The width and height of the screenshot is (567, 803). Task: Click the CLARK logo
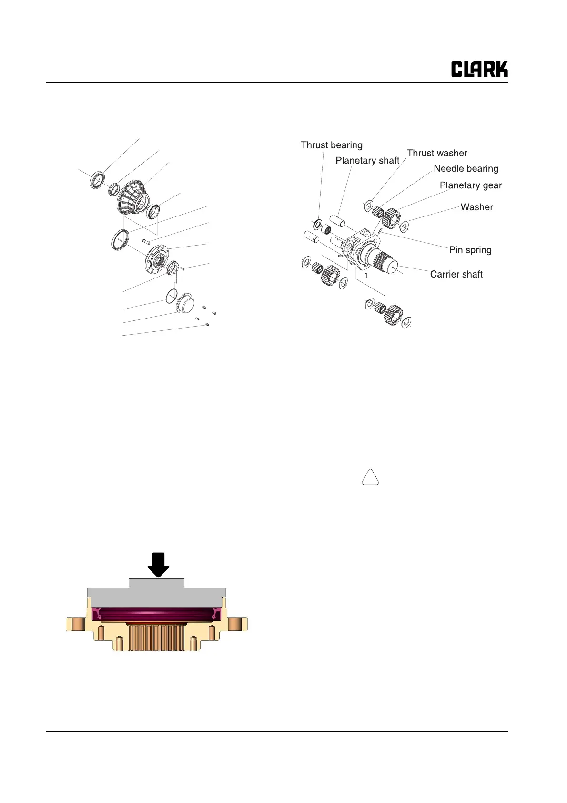[479, 69]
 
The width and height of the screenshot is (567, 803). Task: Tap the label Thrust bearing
[332, 145]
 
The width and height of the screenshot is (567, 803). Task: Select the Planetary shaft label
[367, 161]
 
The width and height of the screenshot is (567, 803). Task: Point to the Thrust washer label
[437, 153]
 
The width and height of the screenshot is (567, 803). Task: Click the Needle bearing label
[466, 169]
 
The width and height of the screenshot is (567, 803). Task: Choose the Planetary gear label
[471, 185]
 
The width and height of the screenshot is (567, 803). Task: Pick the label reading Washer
[476, 207]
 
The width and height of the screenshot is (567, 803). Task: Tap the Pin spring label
[470, 250]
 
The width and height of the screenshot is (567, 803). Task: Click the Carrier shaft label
[456, 274]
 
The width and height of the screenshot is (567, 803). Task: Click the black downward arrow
[158, 565]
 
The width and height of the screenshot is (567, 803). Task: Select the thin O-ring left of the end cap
[172, 295]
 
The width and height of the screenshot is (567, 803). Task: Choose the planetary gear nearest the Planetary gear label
[391, 218]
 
